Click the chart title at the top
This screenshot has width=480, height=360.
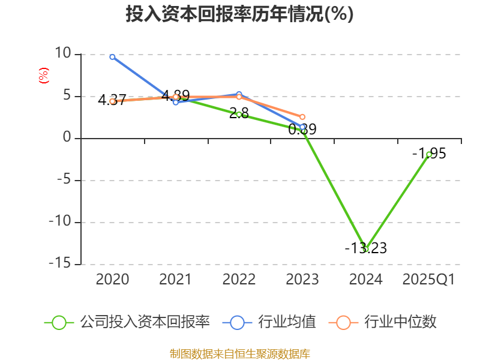coord(239,14)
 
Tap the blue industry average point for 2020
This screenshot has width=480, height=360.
coord(112,56)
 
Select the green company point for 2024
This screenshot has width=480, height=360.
coord(365,249)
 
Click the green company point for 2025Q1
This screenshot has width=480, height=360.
coord(429,154)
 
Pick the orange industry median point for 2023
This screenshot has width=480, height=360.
coord(302,117)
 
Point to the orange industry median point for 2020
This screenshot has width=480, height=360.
coord(112,101)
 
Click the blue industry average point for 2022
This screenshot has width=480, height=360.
coord(239,94)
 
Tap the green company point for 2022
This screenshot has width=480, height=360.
coord(239,114)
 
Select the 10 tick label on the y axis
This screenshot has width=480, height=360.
coord(62,54)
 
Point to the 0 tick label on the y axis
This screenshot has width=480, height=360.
coord(67,138)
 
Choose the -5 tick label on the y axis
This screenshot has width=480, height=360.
coord(62,180)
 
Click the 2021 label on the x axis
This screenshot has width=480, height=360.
coord(175,280)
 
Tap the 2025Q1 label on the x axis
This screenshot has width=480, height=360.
coord(429,280)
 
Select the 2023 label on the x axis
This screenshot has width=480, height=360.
coord(302,280)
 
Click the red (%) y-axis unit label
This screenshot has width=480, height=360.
coord(43,76)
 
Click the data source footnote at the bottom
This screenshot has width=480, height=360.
coord(239,353)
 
